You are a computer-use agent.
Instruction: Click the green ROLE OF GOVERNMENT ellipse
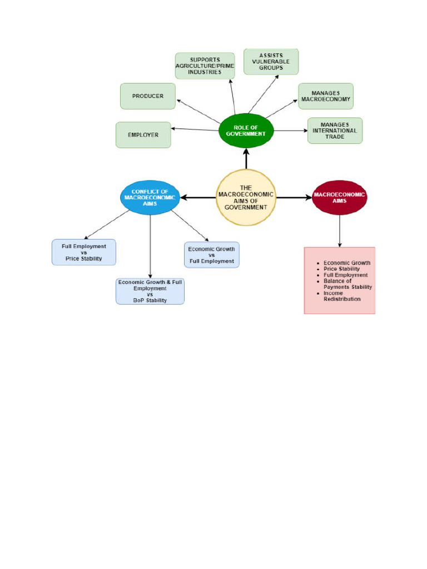pos(246,131)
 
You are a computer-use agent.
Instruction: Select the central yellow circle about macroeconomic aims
pos(246,198)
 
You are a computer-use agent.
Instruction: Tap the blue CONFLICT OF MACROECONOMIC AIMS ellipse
pos(150,197)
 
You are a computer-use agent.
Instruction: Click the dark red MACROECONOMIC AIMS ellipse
pos(339,197)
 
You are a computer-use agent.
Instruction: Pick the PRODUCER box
pos(148,96)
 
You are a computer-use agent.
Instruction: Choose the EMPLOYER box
pos(143,135)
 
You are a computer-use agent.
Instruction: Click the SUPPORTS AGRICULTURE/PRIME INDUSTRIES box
pos(205,66)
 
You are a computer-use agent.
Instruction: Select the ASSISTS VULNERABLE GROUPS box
pos(271,61)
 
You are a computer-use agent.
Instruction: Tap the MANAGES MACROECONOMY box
pos(326,96)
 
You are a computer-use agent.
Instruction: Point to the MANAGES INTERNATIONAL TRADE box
pos(335,131)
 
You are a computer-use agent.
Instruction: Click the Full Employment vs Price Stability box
pos(84,252)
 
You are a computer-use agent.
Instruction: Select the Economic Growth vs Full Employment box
pos(212,255)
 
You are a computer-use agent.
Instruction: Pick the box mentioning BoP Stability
pos(150,291)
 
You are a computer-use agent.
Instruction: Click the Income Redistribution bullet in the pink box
pos(342,296)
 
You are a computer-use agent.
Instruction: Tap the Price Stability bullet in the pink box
pos(341,269)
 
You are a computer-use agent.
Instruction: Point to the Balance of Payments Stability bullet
pos(347,284)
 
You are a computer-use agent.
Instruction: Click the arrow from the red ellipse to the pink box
pos(340,231)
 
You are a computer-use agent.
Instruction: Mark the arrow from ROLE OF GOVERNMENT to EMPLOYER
pos(195,129)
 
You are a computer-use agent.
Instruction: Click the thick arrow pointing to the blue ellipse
pos(198,198)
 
